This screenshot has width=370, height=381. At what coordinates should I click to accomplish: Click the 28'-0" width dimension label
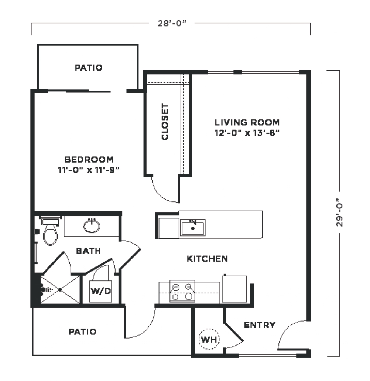coord(172,23)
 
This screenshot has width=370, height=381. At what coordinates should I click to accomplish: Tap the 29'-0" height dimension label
coord(339,212)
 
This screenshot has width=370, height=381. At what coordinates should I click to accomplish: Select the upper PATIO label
coord(89,68)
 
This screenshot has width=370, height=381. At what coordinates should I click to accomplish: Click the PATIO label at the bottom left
coord(83,332)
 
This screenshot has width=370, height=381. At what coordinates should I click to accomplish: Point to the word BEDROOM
coord(89,160)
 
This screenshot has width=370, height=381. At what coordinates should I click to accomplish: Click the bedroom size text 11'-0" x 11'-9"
coord(89,170)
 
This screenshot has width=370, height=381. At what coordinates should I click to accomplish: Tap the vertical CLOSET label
coord(165,122)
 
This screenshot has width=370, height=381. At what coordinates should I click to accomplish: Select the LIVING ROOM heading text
coord(247,122)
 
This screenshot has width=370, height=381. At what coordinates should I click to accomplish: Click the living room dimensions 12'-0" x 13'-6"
coord(247,133)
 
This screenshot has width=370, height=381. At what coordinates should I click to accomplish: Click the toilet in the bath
coord(50,232)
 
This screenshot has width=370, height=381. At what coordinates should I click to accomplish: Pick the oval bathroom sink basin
coord(92,226)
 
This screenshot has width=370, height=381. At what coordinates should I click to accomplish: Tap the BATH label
coord(88,251)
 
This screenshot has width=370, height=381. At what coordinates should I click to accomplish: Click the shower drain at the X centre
coord(60,289)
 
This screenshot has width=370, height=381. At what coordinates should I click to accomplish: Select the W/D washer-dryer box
coord(100,291)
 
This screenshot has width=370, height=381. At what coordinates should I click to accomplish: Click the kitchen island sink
coord(192,228)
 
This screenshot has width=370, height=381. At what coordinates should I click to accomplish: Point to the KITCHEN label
coord(207,259)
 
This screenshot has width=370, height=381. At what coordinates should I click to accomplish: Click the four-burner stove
coord(182,291)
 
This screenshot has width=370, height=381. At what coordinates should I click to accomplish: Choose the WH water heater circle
coord(209,339)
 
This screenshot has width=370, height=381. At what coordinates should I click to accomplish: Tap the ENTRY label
coord(260,325)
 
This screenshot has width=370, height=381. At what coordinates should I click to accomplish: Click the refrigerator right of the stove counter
coord(234,289)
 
